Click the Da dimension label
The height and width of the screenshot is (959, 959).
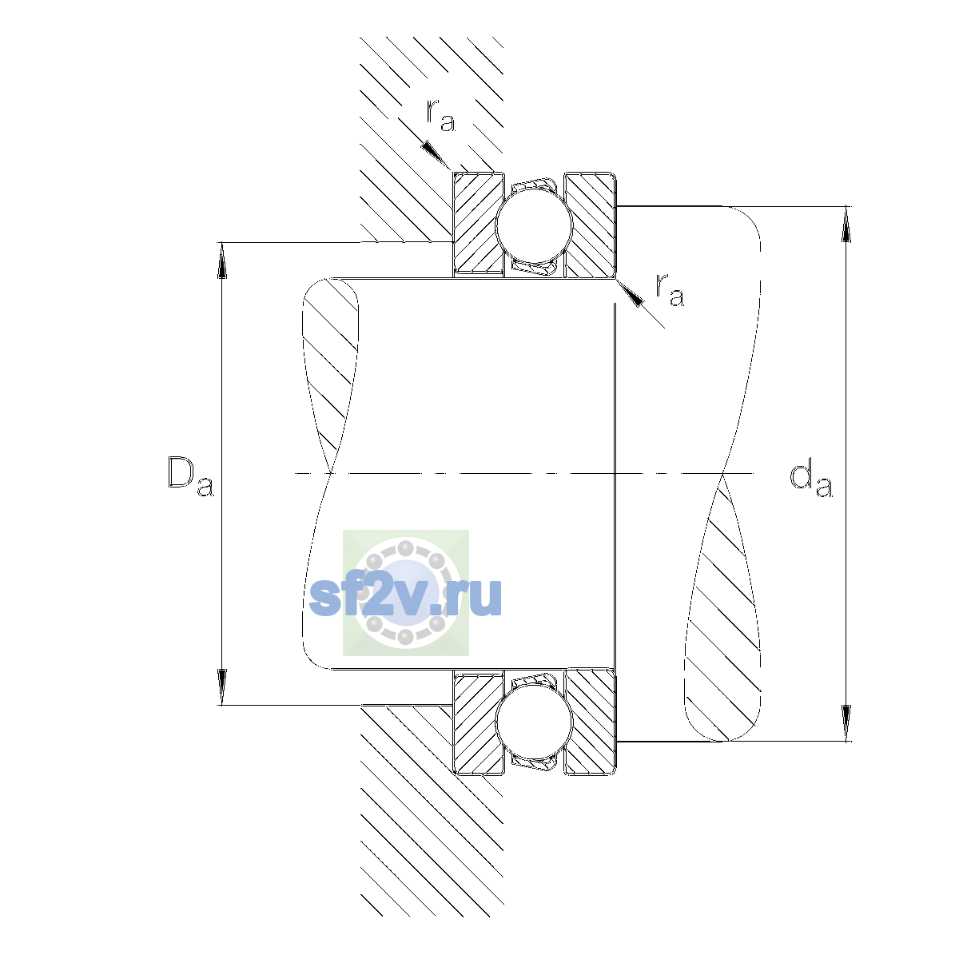191,476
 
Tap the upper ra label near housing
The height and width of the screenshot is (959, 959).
440,115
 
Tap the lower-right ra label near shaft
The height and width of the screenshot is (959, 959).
670,289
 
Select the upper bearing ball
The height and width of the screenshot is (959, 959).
534,225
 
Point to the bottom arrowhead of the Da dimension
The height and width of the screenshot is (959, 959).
222,686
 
